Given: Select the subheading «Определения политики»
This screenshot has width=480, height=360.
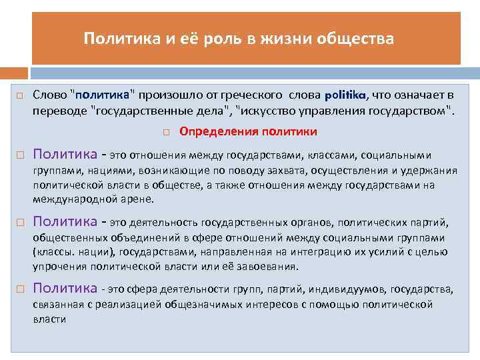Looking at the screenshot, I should pyautogui.click(x=249, y=131).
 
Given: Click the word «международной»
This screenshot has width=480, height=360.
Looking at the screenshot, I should pyautogui.click(x=71, y=199).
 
